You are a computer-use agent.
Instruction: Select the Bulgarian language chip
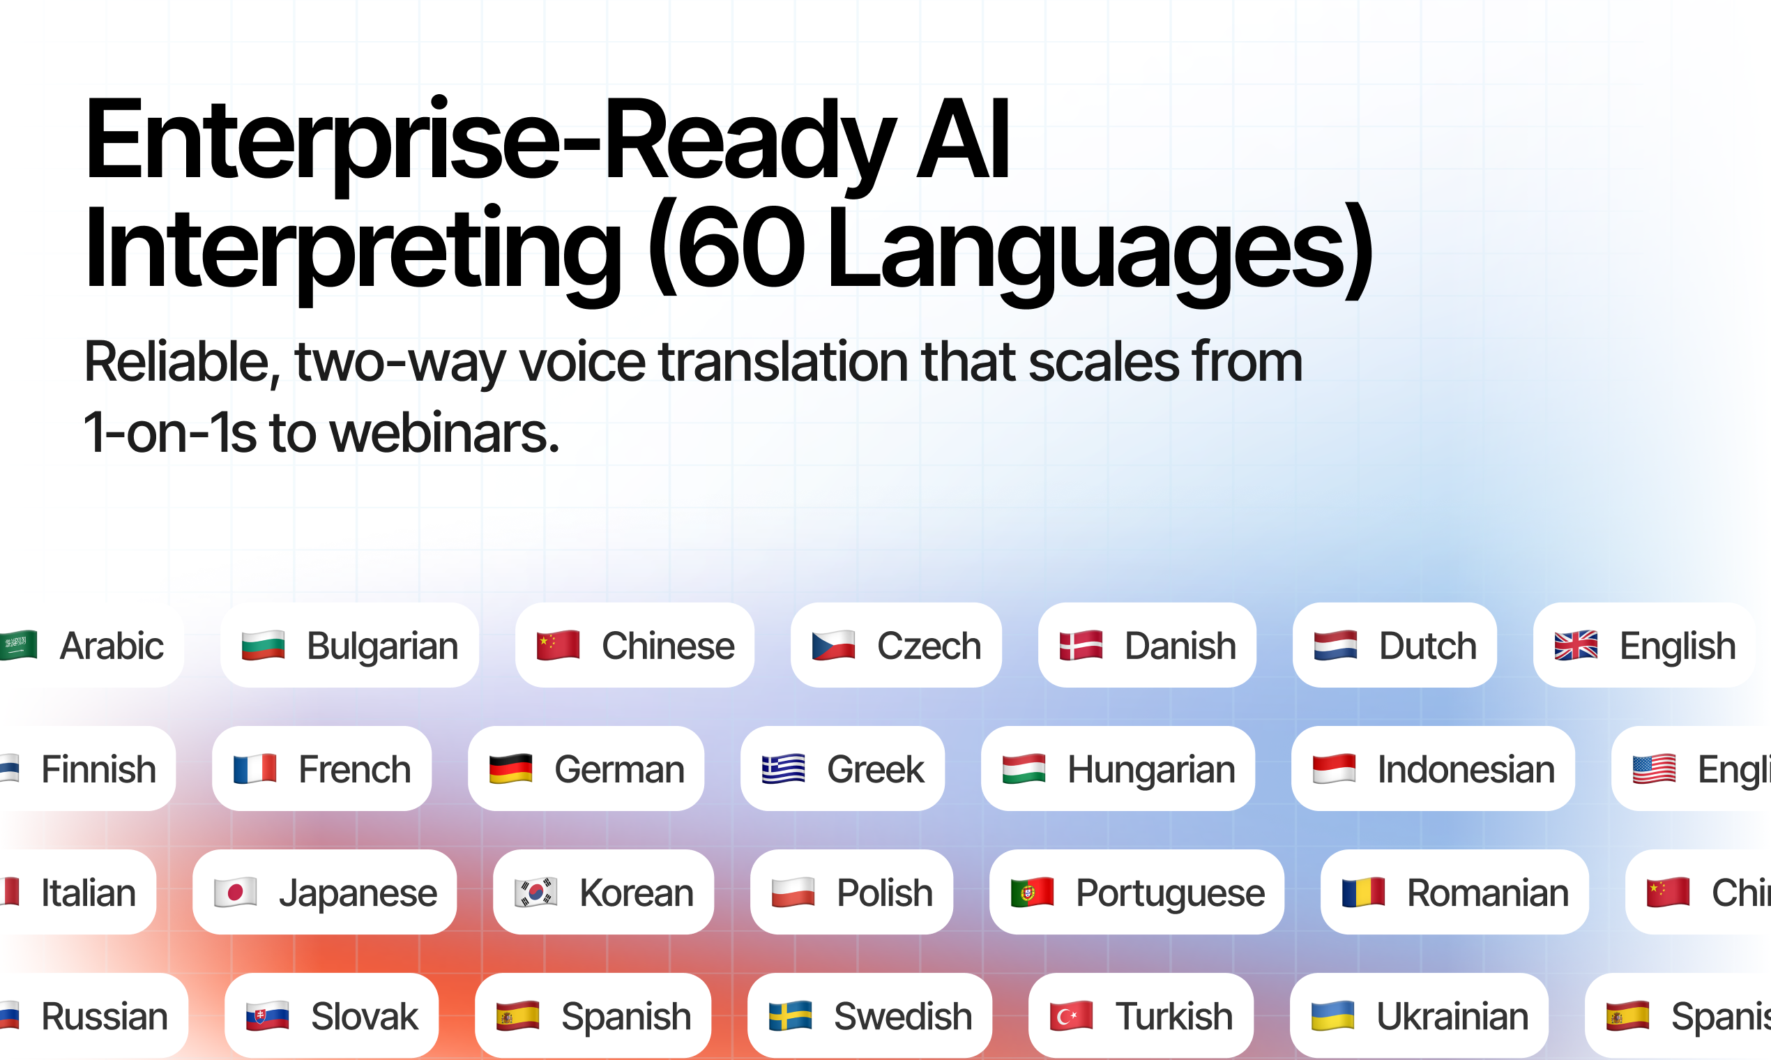point(349,645)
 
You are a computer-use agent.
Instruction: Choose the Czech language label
point(928,646)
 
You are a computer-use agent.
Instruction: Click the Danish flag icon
point(1081,645)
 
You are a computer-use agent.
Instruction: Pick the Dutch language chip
point(1394,645)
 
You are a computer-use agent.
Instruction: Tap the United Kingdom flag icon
point(1575,645)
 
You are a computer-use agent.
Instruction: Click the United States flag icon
point(1654,768)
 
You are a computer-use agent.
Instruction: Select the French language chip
point(321,768)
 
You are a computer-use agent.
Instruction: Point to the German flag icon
point(510,768)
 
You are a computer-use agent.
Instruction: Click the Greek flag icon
point(783,768)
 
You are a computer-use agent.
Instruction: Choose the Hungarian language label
point(1151,769)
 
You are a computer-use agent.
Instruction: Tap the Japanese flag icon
point(235,892)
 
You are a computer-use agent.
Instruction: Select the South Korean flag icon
point(535,892)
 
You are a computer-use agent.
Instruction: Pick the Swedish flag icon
point(790,1015)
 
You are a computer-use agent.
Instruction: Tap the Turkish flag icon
point(1071,1015)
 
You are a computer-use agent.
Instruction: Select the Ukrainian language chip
point(1419,1015)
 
